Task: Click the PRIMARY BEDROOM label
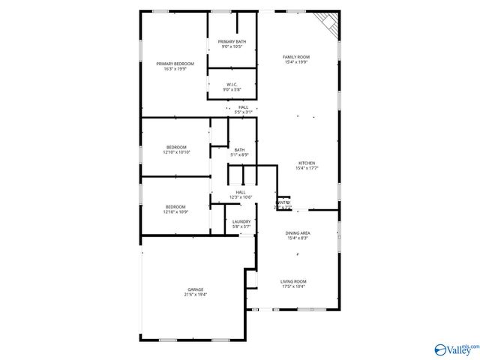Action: pos(175,64)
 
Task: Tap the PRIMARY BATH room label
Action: pos(232,41)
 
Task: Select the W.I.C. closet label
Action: pos(232,85)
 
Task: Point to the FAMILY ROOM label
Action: pos(296,57)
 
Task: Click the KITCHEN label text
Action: pos(306,163)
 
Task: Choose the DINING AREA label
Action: pos(298,233)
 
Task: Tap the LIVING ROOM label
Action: pos(294,281)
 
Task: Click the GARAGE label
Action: pos(196,289)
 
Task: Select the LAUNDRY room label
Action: pos(241,221)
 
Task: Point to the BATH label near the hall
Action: pos(239,149)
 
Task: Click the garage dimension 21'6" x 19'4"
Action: pos(196,295)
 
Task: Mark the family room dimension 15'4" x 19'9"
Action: pos(296,62)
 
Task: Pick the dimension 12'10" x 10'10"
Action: pos(176,152)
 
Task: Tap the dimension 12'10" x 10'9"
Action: pos(176,211)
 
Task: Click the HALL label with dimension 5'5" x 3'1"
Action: pos(244,107)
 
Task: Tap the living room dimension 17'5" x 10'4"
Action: pos(294,286)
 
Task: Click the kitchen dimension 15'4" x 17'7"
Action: pos(306,168)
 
